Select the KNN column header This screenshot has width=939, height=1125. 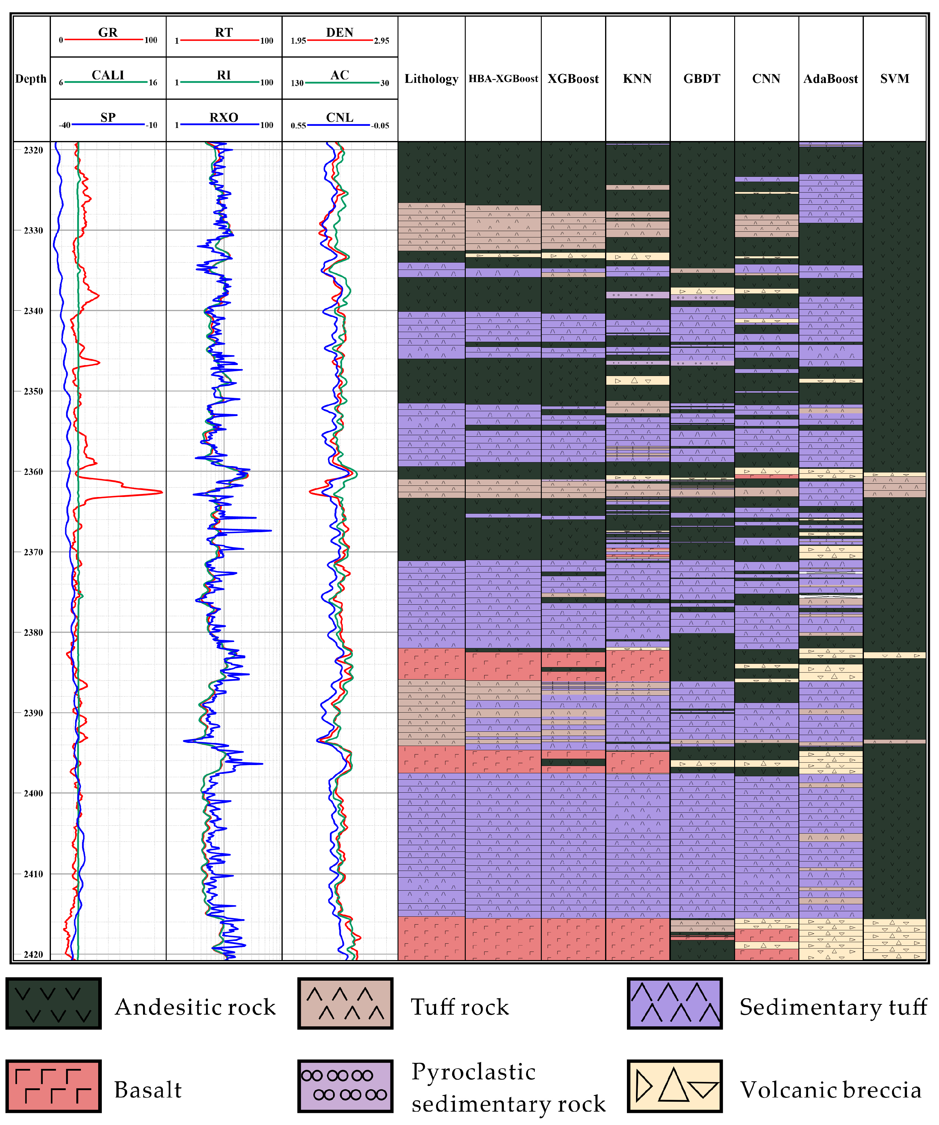click(637, 79)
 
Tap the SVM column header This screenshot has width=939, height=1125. click(894, 79)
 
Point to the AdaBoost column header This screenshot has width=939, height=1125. click(830, 79)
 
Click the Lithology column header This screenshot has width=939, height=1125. click(431, 79)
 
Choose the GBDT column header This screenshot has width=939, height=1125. click(702, 79)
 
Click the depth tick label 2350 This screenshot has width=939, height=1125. click(33, 391)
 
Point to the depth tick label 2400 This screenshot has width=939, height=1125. click(33, 793)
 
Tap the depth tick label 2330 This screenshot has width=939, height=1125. click(33, 230)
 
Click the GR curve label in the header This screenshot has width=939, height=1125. click(108, 32)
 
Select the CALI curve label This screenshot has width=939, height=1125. click(108, 75)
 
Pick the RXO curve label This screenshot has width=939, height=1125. click(224, 117)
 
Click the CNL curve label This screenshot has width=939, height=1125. click(339, 117)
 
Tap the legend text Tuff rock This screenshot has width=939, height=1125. click(459, 1007)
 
